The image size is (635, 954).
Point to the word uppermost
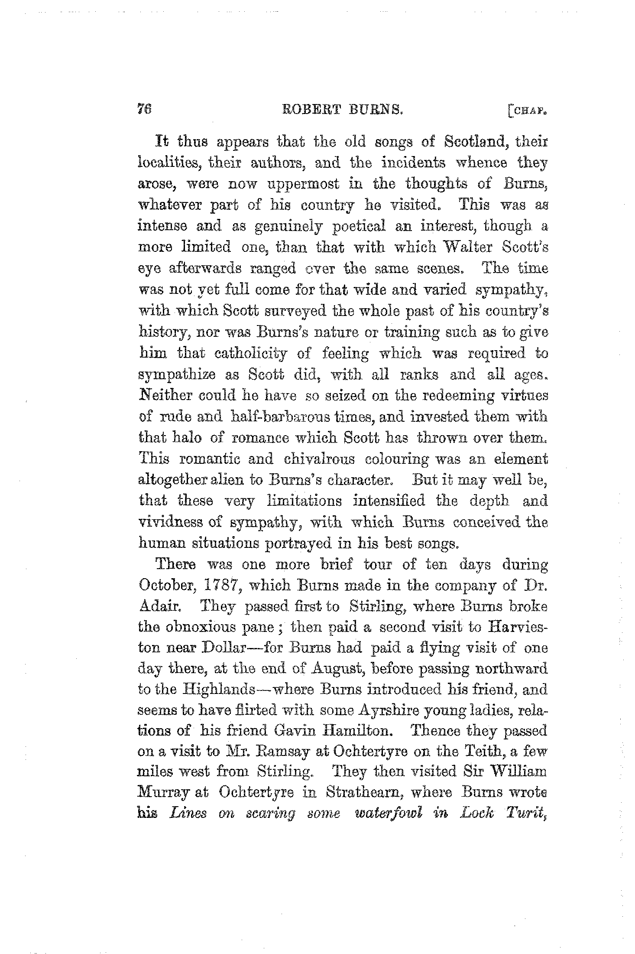(299, 185)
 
